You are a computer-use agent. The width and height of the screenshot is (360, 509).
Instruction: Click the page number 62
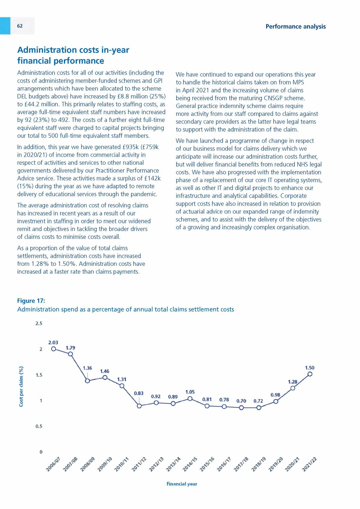pyautogui.click(x=20, y=26)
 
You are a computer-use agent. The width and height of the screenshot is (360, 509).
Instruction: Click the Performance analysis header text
pyautogui.click(x=295, y=27)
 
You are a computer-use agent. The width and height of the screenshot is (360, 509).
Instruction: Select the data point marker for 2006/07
pyautogui.click(x=53, y=349)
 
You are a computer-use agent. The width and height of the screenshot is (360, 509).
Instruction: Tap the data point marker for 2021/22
pyautogui.click(x=310, y=374)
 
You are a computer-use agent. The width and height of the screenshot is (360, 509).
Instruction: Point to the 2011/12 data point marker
pyautogui.click(x=139, y=406)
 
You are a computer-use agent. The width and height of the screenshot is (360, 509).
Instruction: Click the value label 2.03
pyautogui.click(x=53, y=342)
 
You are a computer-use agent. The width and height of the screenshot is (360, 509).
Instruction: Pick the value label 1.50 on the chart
pyautogui.click(x=310, y=368)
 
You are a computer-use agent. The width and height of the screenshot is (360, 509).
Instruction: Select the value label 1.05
pyautogui.click(x=190, y=392)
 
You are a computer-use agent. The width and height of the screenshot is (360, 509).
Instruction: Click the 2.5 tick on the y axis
pyautogui.click(x=39, y=323)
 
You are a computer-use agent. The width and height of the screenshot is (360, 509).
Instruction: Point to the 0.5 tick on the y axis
pyautogui.click(x=39, y=426)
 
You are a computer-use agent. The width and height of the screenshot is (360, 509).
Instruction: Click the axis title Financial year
pyautogui.click(x=182, y=484)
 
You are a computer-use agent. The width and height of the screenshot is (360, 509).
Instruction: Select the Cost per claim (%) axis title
pyautogui.click(x=21, y=387)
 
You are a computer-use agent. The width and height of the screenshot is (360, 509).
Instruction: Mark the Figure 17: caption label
pyautogui.click(x=31, y=301)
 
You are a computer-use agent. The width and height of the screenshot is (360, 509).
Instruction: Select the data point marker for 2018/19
pyautogui.click(x=258, y=407)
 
